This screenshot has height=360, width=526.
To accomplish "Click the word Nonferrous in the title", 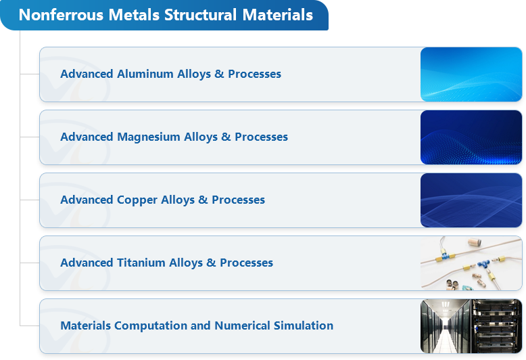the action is [61, 15].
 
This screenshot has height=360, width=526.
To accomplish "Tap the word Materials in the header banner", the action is [277, 15].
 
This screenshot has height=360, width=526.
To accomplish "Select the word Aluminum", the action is [145, 74].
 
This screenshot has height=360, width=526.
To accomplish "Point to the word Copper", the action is [137, 200].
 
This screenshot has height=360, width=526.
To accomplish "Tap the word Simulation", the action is [304, 325].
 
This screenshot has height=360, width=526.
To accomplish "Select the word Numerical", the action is [242, 325].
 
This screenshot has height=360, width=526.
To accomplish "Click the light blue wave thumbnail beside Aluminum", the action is [471, 74].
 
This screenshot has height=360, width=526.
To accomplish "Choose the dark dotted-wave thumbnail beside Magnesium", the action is [471, 137].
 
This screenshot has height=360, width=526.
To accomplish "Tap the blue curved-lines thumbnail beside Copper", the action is [471, 200].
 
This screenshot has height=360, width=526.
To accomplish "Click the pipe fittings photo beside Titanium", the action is [471, 263].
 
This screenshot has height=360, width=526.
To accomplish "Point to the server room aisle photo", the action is [446, 326].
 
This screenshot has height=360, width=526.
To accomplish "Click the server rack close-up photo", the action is [496, 326].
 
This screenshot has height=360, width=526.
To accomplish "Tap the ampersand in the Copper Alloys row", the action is [203, 200].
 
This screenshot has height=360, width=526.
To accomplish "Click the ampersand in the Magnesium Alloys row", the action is [226, 137].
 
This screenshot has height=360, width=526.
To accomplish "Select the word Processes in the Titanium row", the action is [246, 263].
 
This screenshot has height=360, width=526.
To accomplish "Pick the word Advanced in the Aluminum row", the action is [87, 74].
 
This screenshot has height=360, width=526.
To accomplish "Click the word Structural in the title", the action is [200, 15].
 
